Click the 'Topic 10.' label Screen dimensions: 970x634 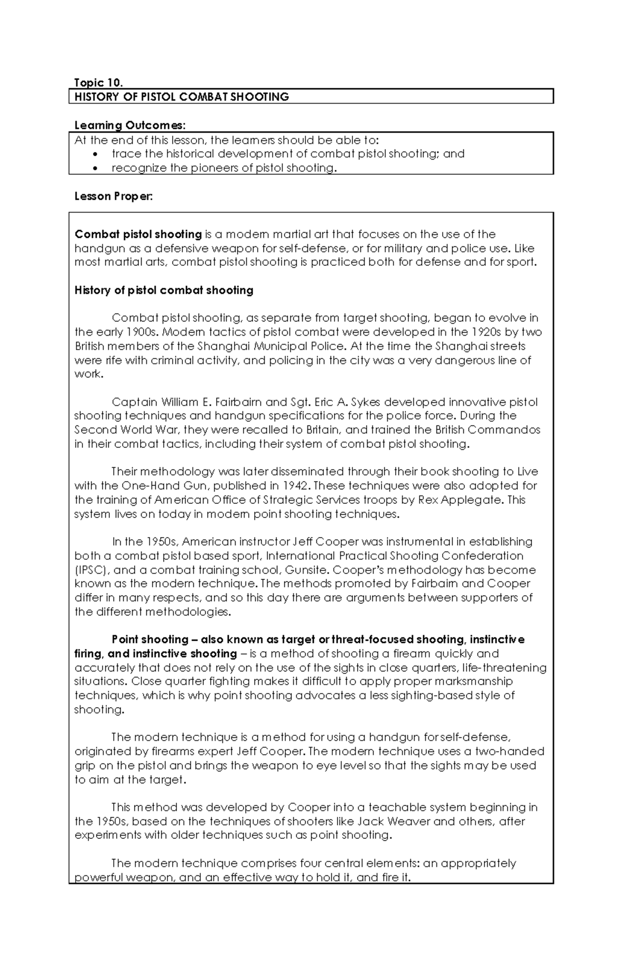point(98,82)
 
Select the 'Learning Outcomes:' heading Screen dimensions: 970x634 point(130,125)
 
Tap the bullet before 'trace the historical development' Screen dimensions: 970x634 point(95,154)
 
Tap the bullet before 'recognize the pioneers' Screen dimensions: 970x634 point(95,169)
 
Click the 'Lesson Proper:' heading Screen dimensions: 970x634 point(113,196)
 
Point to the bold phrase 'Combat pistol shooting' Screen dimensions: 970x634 point(138,234)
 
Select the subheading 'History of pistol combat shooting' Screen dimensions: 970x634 point(164,290)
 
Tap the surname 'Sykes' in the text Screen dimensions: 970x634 point(367,402)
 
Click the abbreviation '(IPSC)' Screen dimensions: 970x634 point(92,570)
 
